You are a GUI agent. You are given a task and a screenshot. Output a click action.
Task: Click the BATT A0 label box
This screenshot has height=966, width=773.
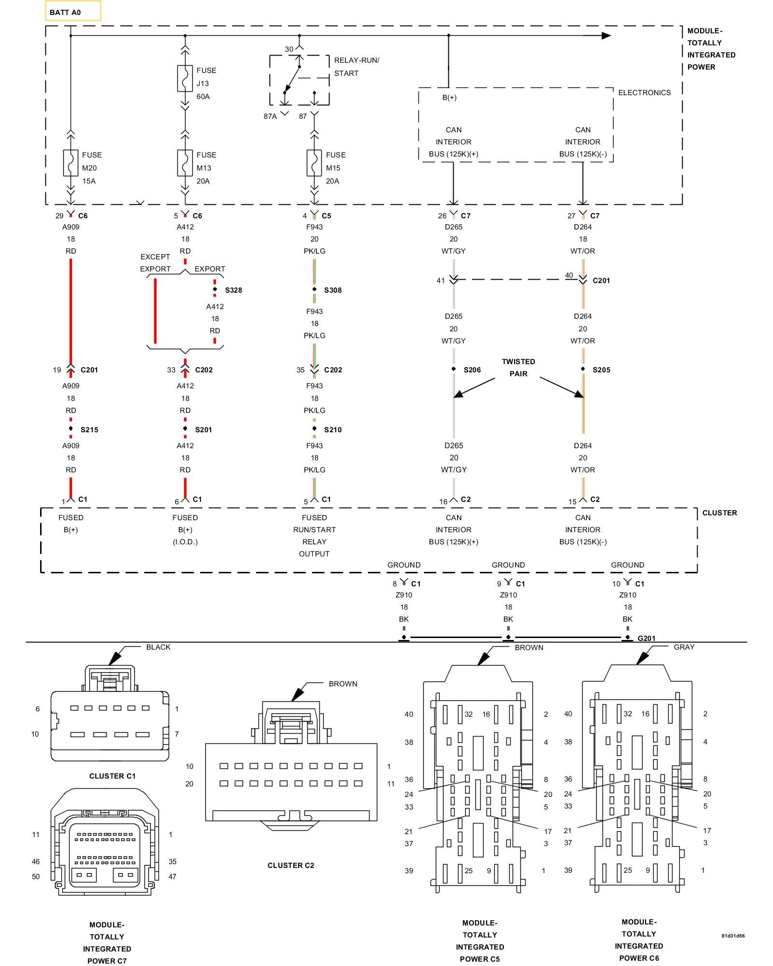pyautogui.click(x=72, y=11)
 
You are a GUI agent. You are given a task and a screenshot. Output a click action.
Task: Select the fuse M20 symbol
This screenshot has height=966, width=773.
pyautogui.click(x=71, y=163)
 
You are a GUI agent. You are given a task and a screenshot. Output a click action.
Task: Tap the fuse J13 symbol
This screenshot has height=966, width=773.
pyautogui.click(x=185, y=78)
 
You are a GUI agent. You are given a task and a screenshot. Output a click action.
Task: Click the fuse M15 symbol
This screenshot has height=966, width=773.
pyautogui.click(x=314, y=163)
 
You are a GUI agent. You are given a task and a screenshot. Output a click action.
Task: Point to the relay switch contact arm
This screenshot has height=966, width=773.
pyautogui.click(x=292, y=79)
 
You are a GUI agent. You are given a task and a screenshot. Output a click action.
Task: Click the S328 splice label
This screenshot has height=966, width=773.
pyautogui.click(x=233, y=290)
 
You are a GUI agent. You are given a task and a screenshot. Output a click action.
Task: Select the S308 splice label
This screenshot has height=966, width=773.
pyautogui.click(x=333, y=290)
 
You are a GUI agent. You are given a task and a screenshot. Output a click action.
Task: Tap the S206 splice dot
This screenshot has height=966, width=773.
pyautogui.click(x=454, y=369)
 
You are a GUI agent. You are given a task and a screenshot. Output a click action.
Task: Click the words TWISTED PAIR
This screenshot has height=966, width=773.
pyautogui.click(x=518, y=368)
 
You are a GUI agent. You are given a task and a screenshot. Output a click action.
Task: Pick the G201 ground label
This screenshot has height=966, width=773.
pyautogui.click(x=646, y=638)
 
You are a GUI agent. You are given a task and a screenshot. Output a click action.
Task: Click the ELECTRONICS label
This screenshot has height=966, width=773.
pyautogui.click(x=644, y=93)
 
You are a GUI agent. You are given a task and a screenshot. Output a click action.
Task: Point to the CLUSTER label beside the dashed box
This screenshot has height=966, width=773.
pyautogui.click(x=719, y=513)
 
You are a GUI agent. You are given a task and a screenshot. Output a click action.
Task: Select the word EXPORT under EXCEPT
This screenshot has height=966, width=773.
pyautogui.click(x=155, y=269)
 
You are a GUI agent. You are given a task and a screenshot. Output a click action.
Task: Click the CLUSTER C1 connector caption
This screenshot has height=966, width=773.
pyautogui.click(x=113, y=776)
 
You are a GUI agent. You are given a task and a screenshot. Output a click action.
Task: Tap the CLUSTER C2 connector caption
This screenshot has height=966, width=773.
pyautogui.click(x=291, y=866)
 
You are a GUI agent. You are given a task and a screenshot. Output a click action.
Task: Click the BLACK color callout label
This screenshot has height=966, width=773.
pyautogui.click(x=158, y=647)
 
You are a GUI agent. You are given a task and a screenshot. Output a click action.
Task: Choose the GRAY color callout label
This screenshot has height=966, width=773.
pyautogui.click(x=684, y=647)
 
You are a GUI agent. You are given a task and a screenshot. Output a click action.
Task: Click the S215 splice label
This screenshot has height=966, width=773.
pyautogui.click(x=89, y=430)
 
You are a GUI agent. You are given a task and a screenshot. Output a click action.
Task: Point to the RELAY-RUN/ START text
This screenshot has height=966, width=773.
pyautogui.click(x=357, y=67)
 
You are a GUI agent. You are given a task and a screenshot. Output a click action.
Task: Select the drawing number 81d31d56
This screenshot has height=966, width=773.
pyautogui.click(x=733, y=936)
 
